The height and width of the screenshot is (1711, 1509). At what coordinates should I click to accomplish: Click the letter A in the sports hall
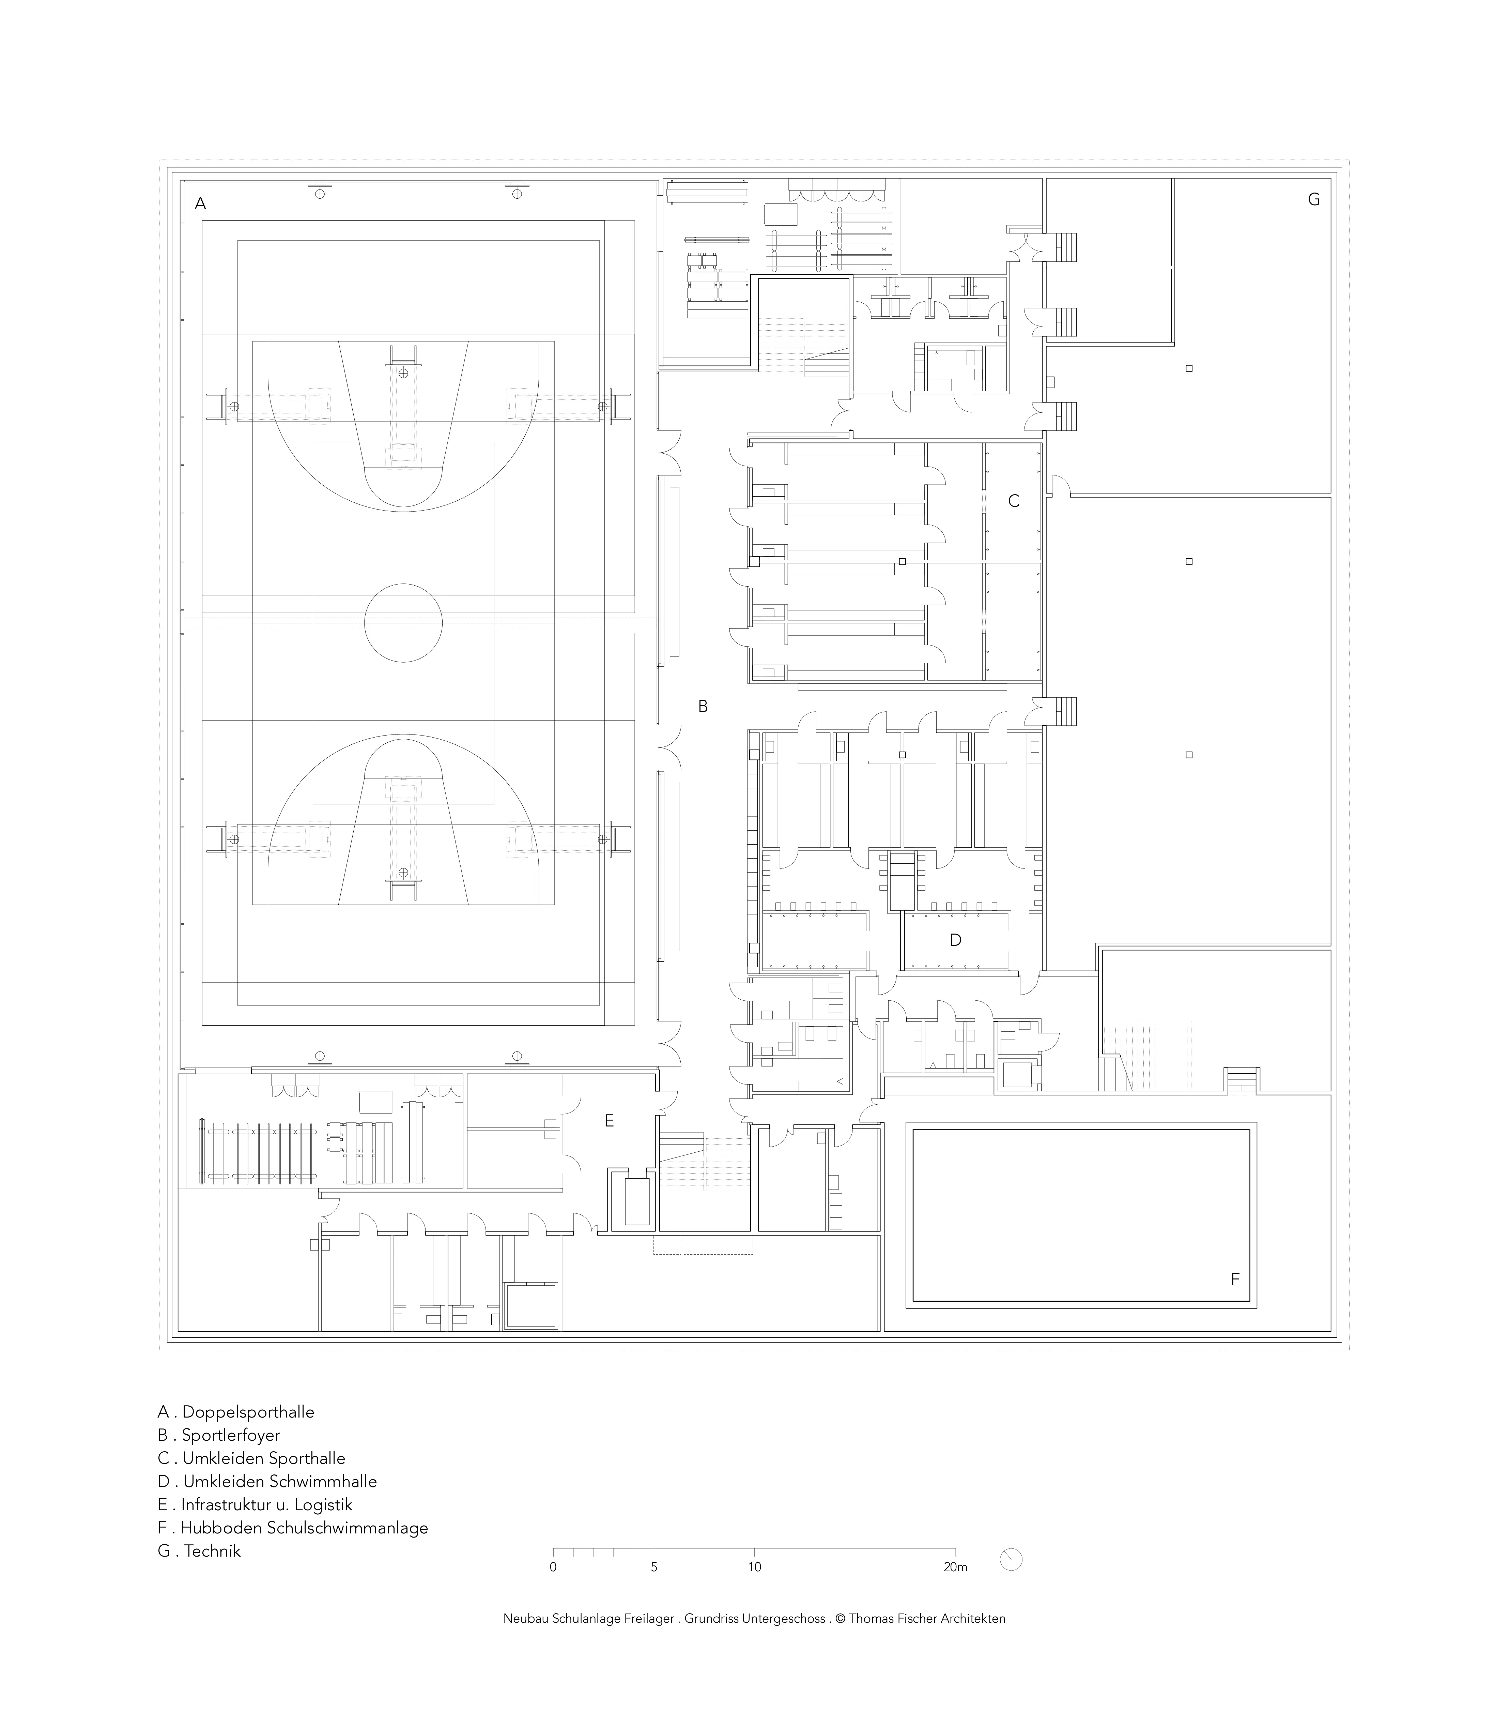tap(200, 203)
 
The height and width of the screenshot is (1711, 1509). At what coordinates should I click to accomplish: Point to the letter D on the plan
tap(955, 940)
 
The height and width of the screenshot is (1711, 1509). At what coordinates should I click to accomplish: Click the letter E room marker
tap(609, 1120)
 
